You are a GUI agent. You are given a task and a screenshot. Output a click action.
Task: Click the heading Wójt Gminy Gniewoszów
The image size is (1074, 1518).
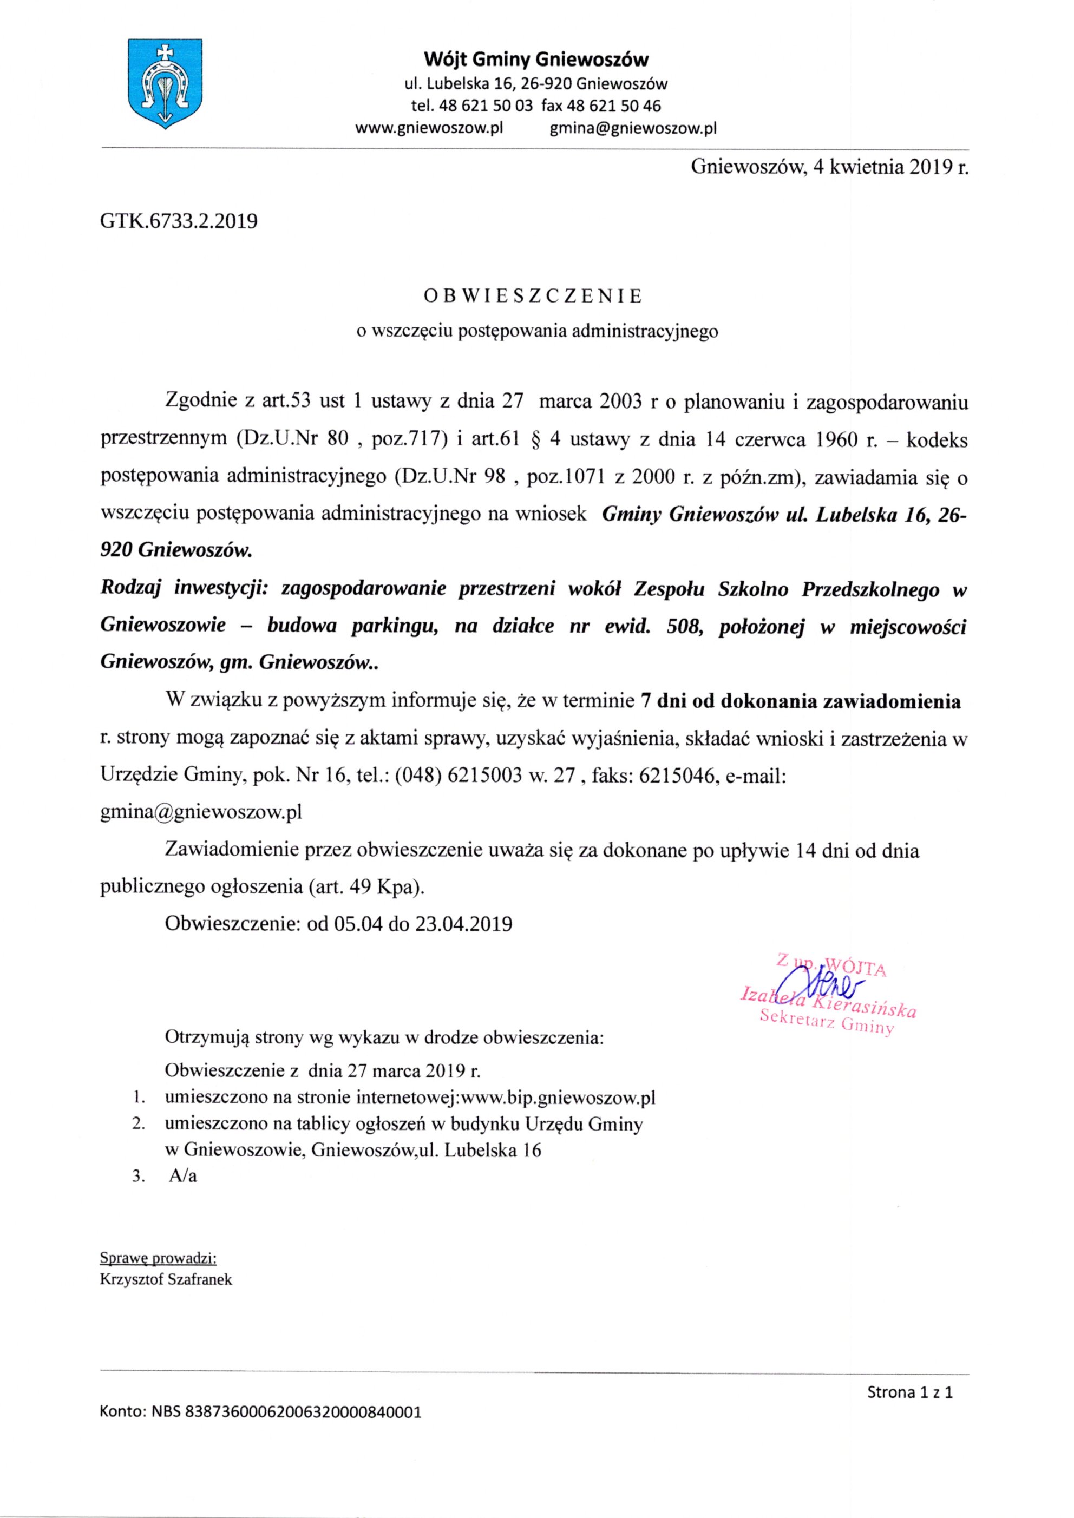(536, 60)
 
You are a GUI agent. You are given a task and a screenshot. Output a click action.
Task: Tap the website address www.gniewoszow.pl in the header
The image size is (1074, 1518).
(429, 128)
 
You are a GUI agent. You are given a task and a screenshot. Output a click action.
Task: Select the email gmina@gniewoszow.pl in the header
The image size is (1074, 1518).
(633, 128)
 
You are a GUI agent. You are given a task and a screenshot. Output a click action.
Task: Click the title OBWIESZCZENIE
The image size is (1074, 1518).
(533, 296)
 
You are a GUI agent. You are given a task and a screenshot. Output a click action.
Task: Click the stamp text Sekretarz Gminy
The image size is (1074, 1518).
(827, 1023)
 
